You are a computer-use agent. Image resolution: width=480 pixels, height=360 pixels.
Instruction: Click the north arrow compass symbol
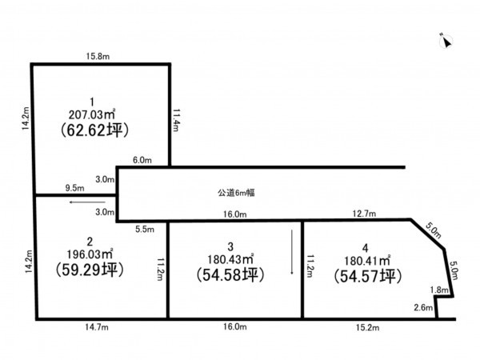(446, 41)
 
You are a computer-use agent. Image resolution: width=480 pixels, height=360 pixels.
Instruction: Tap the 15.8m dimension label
(98, 56)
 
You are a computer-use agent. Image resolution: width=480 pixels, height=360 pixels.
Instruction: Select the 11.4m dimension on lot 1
(176, 120)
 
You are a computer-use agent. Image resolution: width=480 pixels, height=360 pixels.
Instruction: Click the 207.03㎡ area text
(91, 114)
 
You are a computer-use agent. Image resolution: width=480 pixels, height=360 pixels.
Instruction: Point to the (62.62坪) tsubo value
(94, 130)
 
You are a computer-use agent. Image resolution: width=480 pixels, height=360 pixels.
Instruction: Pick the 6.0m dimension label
(142, 160)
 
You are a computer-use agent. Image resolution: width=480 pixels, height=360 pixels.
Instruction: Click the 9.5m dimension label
(74, 188)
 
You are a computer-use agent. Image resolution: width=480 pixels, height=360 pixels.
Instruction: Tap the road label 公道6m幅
(236, 193)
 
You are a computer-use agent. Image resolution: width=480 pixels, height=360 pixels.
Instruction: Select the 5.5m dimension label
(145, 230)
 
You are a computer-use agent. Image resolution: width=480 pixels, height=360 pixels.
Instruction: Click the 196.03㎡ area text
(90, 254)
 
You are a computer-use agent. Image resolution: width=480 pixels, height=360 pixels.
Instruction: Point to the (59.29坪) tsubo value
(90, 270)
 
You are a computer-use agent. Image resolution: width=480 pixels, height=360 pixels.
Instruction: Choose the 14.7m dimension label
(97, 327)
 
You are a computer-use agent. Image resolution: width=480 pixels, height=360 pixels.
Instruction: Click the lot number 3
(230, 246)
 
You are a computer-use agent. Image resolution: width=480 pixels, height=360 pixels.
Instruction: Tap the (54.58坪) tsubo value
(230, 274)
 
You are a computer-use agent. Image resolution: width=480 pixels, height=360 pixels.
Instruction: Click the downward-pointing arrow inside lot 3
(292, 252)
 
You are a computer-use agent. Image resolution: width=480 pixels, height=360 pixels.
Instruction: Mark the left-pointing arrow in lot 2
(87, 202)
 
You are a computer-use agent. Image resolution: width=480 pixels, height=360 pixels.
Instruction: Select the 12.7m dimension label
(364, 214)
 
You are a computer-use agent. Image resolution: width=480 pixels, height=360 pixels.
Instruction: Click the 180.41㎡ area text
(367, 261)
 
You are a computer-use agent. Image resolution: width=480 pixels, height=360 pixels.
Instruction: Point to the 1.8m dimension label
(439, 290)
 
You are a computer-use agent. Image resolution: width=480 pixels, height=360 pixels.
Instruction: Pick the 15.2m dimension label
(368, 327)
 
